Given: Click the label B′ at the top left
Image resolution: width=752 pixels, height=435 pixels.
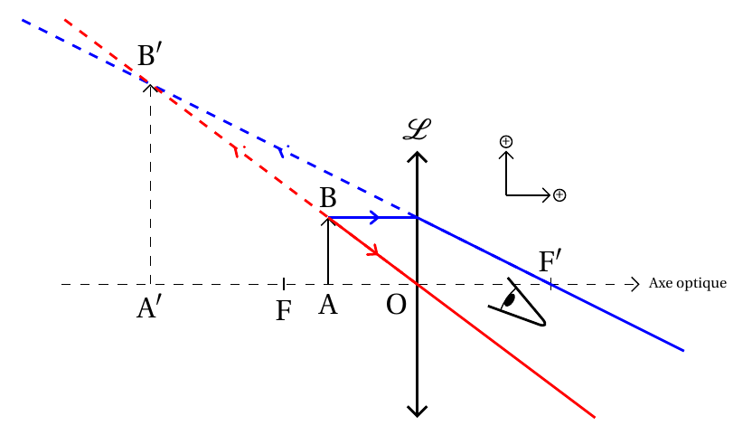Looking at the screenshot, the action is click(x=146, y=55).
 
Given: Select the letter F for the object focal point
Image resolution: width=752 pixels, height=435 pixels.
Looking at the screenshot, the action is click(x=284, y=310).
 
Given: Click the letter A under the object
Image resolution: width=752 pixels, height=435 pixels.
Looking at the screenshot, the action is click(x=328, y=305).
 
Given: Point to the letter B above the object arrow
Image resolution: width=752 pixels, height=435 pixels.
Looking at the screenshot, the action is click(x=328, y=197).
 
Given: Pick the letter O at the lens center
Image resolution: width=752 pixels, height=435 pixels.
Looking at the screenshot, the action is click(x=396, y=305).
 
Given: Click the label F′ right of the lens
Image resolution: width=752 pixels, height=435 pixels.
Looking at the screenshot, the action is click(x=550, y=261).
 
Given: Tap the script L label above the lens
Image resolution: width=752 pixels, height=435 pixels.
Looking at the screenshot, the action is click(x=417, y=129).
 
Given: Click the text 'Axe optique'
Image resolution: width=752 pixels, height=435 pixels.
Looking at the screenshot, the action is click(x=687, y=283).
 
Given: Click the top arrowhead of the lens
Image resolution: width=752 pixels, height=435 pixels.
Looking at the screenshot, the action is click(x=418, y=156).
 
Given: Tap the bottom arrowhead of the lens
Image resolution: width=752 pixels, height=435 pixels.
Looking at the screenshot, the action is click(x=418, y=411).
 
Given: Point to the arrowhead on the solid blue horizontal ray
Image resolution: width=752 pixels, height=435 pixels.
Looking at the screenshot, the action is click(x=375, y=218).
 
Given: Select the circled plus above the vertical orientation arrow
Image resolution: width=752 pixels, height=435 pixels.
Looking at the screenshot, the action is click(x=506, y=142).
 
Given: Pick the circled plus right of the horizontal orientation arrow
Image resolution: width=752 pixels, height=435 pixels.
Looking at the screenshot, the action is click(x=559, y=195).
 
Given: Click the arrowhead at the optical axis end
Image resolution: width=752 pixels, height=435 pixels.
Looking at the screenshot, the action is click(x=636, y=284).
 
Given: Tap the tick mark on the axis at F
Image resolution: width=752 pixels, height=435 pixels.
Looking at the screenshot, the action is click(x=284, y=284).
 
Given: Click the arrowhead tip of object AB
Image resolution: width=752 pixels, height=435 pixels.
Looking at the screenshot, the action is click(x=328, y=219).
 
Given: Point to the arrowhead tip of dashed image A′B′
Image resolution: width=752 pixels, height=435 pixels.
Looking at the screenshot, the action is click(x=151, y=85).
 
